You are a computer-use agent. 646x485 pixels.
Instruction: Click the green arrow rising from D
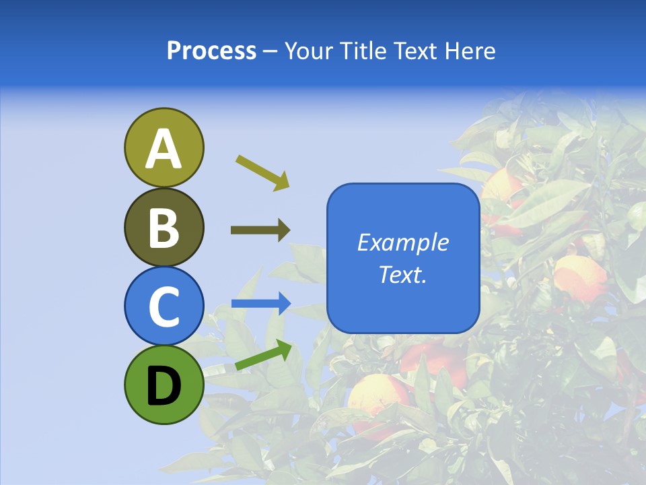click(263, 356)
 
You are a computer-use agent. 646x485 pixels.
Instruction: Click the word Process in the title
click(211, 51)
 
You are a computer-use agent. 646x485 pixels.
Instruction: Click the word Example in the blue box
click(403, 243)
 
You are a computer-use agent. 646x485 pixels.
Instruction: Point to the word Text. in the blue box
click(403, 274)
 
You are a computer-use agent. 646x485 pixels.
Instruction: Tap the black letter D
click(164, 386)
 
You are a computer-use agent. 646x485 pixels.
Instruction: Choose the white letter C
click(164, 306)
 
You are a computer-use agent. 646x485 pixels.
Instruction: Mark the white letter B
click(164, 228)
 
